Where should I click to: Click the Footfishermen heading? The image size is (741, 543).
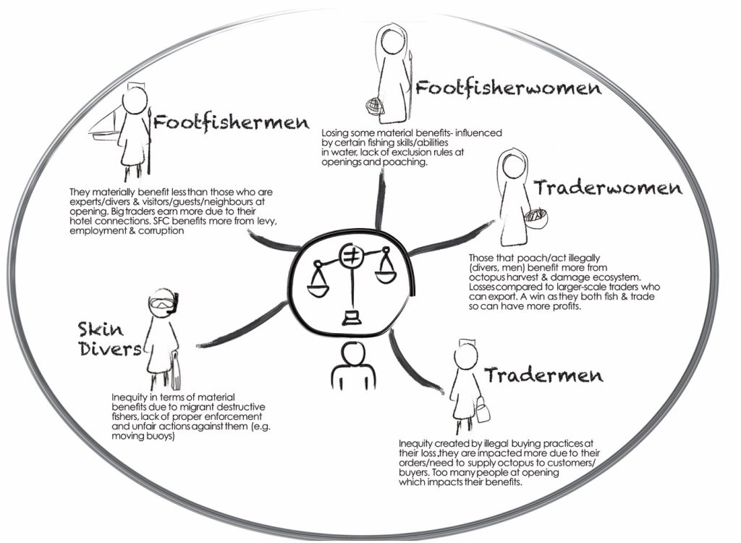point(231,123)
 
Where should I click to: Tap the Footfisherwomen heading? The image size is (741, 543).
point(508,88)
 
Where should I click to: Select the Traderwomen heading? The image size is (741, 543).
point(608,188)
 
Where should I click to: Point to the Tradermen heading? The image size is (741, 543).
point(543,375)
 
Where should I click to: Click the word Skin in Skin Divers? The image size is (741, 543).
point(101,329)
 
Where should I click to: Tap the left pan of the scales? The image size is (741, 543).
point(318,287)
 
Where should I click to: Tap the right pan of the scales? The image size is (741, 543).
point(387,274)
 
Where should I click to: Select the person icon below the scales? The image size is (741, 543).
point(353,366)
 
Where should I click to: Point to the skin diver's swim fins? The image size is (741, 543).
point(177,371)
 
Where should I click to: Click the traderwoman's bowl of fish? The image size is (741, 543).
point(536,218)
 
